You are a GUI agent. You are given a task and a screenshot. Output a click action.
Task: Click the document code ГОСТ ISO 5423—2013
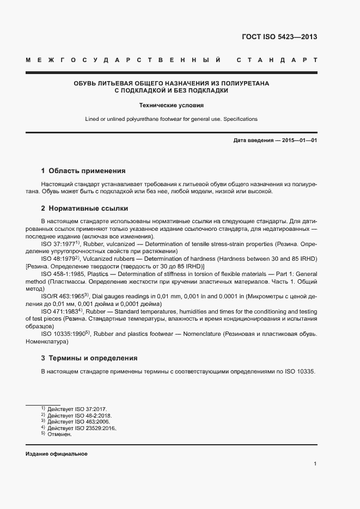coord(279,38)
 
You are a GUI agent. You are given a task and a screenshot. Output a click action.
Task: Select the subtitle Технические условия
coord(171,105)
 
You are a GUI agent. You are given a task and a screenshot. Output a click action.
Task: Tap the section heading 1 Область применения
coord(83,170)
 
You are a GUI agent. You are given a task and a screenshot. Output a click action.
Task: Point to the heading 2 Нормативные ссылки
coord(84,208)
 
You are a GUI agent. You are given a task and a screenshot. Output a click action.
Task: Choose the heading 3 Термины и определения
coord(89,358)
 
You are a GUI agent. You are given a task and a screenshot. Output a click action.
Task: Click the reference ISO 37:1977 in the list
coord(58,244)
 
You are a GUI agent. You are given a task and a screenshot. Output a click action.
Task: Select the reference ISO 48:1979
coord(58,259)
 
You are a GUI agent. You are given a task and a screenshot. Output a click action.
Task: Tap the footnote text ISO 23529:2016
coord(95,428)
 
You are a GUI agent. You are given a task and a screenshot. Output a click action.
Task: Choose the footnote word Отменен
coord(60,434)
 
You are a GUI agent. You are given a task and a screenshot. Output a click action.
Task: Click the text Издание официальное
coord(57,454)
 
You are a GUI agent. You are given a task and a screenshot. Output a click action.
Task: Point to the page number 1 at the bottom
coord(315,463)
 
